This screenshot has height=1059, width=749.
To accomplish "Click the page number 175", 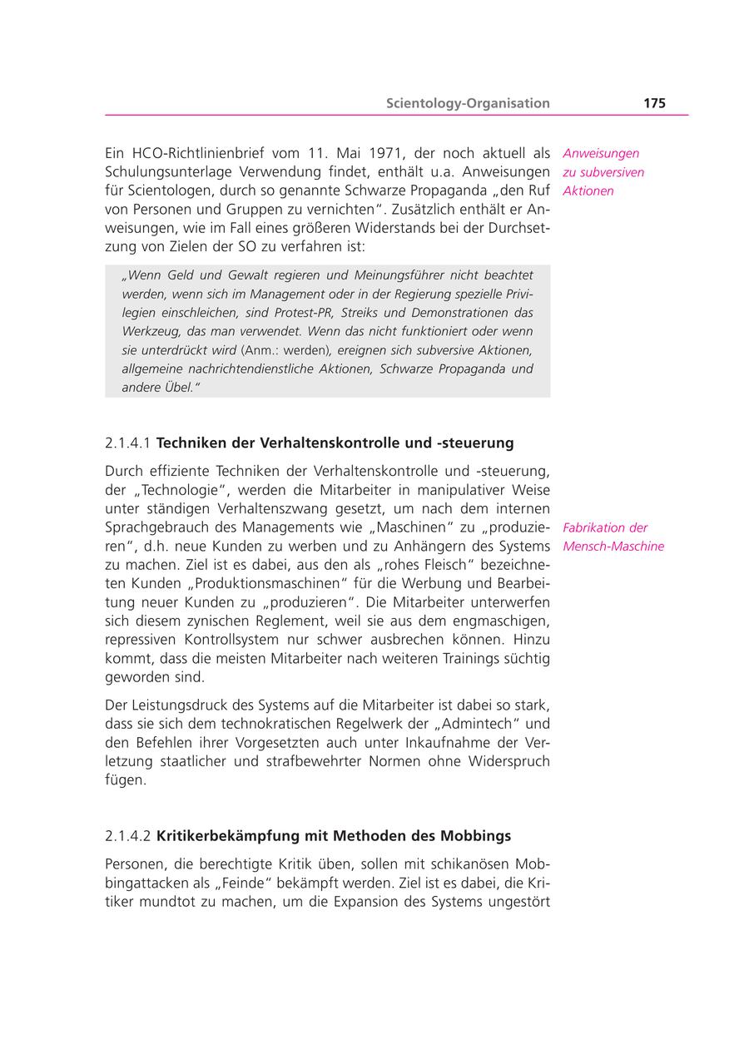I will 654,103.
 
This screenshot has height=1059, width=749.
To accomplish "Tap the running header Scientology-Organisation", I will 468,103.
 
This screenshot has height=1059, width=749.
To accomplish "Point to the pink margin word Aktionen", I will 588,191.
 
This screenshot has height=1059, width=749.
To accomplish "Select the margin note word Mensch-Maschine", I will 613,547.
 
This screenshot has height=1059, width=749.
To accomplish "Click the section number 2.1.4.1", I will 128,443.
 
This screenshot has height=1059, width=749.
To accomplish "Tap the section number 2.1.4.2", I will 128,835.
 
